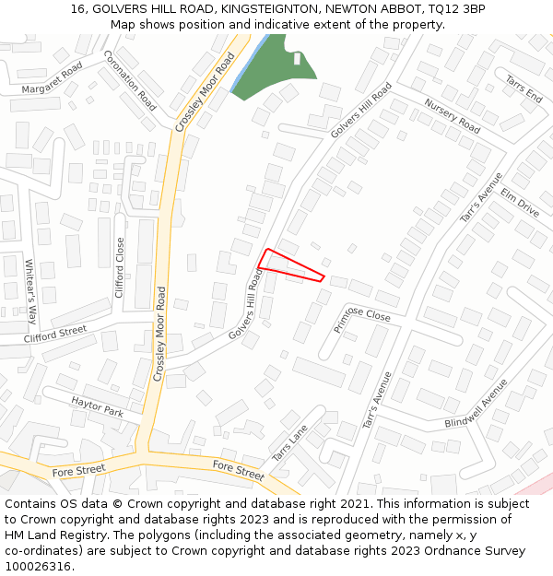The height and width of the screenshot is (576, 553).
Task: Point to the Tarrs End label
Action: tap(523, 89)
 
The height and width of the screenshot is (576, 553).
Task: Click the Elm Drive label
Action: tap(520, 203)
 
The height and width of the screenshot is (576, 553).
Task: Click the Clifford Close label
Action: tap(120, 267)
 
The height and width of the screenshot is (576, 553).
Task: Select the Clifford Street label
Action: tap(55, 333)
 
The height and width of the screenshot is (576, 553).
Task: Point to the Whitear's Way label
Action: tap(30, 291)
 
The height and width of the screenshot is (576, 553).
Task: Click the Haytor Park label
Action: tap(97, 406)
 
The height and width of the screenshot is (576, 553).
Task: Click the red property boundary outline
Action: tap(291, 264)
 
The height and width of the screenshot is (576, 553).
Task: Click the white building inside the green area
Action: tap(297, 59)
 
